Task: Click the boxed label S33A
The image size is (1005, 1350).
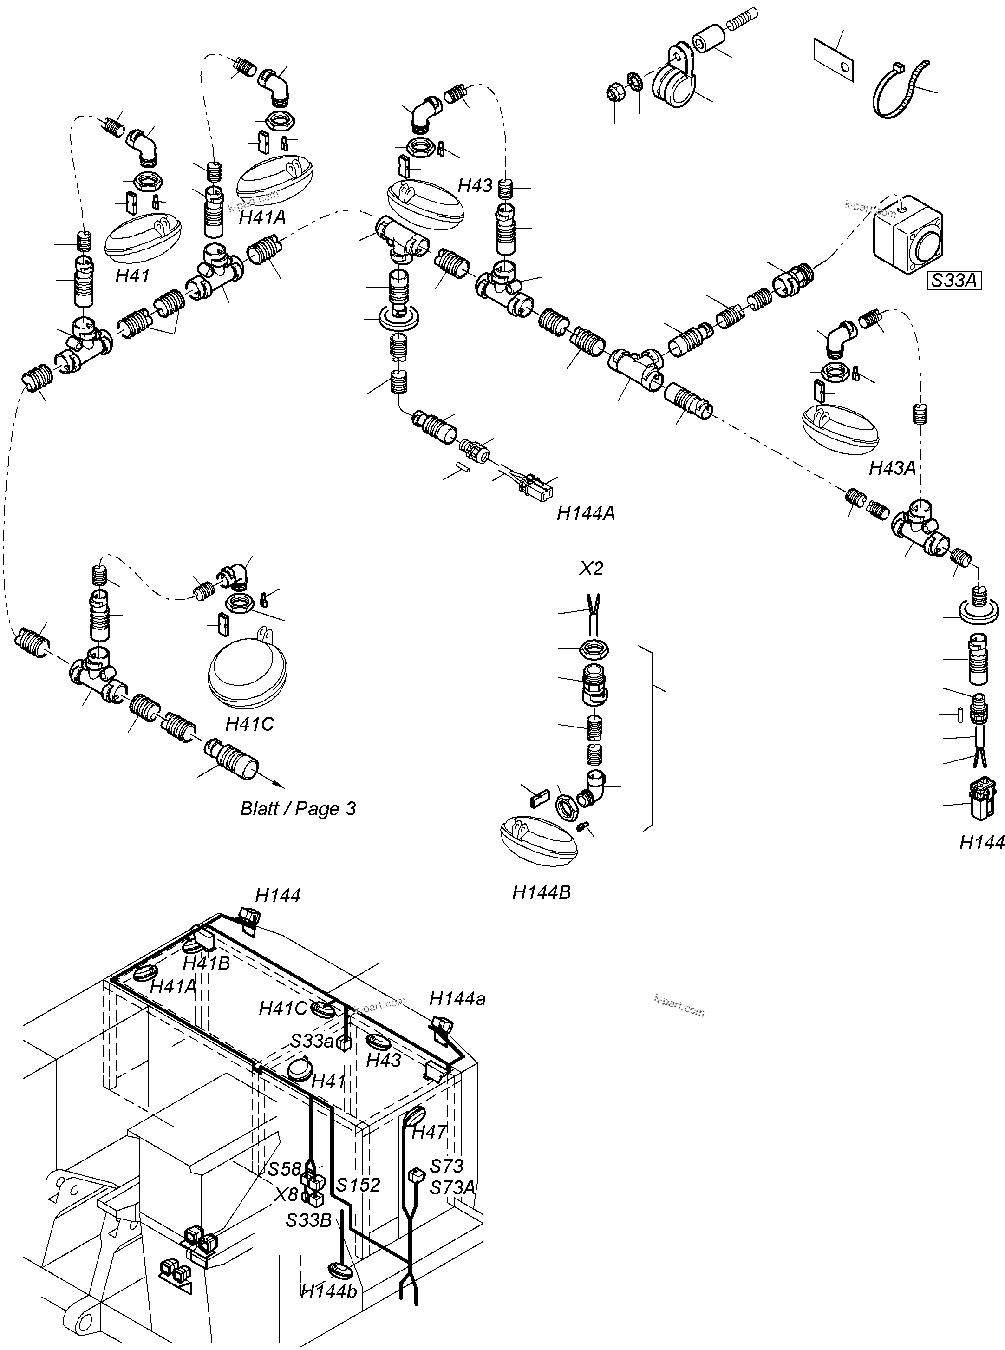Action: pyautogui.click(x=954, y=281)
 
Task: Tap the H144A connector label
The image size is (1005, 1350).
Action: pyautogui.click(x=586, y=513)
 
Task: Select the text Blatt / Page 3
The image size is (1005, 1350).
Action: pyautogui.click(x=298, y=808)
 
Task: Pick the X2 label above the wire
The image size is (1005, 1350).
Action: pyautogui.click(x=591, y=569)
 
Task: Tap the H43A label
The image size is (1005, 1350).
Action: pyautogui.click(x=892, y=468)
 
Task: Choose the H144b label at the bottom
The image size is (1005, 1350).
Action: pyautogui.click(x=329, y=1291)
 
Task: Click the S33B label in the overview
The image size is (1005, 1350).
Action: pyautogui.click(x=309, y=1220)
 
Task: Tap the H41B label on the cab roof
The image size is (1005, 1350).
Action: pyautogui.click(x=206, y=963)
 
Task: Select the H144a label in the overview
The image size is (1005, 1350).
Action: pyautogui.click(x=457, y=999)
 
